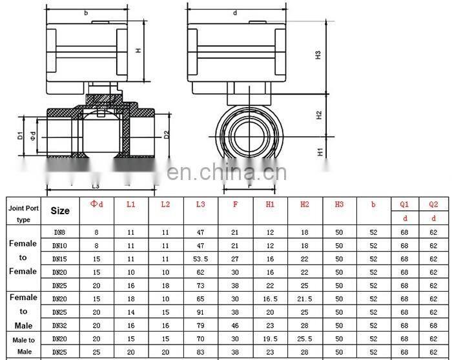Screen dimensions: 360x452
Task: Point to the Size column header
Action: (x=60, y=210)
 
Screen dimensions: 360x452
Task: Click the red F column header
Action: (x=235, y=204)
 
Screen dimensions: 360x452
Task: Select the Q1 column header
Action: (x=404, y=204)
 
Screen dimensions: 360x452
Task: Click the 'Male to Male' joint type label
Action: (x=24, y=345)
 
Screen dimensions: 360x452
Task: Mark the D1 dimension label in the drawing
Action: (x=21, y=135)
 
